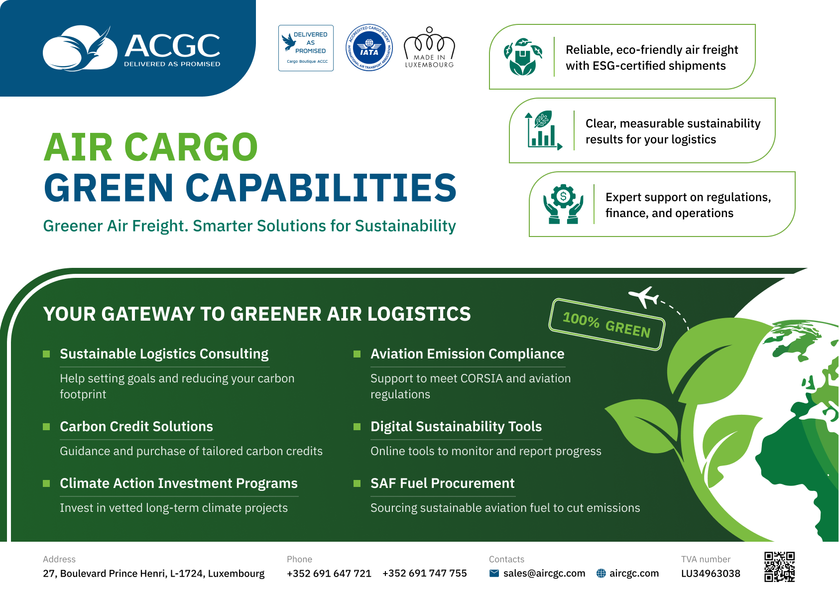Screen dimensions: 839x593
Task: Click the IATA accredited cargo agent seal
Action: click(x=369, y=48)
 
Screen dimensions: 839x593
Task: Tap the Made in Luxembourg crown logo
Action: click(x=429, y=47)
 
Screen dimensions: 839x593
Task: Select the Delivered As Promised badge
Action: click(x=306, y=48)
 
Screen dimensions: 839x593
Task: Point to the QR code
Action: click(x=779, y=567)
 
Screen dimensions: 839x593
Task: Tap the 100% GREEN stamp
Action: click(x=607, y=325)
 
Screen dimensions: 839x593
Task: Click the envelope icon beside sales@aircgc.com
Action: click(x=494, y=573)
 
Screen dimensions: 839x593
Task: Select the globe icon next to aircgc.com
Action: click(x=601, y=573)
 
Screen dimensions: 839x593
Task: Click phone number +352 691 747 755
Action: click(x=424, y=573)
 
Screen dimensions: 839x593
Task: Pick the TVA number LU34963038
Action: click(x=711, y=574)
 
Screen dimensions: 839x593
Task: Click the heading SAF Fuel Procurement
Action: click(x=442, y=483)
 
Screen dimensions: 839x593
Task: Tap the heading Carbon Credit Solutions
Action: click(x=136, y=426)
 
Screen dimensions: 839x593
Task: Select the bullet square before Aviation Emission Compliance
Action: click(x=357, y=354)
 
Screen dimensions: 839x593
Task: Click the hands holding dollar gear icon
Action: click(x=563, y=204)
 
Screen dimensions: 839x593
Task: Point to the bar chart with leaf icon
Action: click(x=543, y=130)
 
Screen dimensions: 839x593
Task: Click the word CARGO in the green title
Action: click(x=191, y=147)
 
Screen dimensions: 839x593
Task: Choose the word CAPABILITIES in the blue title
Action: click(x=321, y=187)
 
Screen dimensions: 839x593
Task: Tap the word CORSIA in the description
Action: click(x=481, y=378)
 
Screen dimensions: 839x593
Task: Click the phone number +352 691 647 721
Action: click(x=329, y=573)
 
